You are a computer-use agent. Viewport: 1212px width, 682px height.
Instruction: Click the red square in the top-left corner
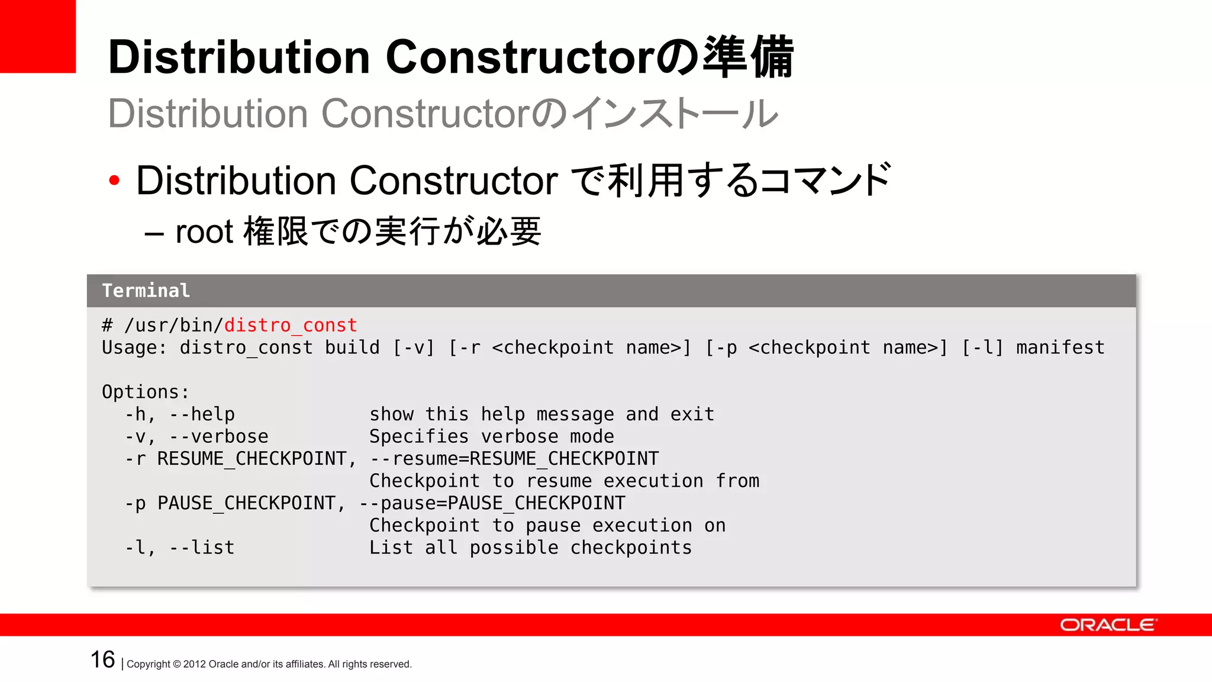(x=37, y=36)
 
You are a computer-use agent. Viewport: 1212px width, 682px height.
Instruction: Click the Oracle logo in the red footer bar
(x=1108, y=625)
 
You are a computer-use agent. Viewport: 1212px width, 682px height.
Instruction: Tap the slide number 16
(x=102, y=660)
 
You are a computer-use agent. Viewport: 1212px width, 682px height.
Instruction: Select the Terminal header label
(x=146, y=291)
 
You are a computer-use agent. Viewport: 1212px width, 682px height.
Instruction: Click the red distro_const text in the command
(x=291, y=325)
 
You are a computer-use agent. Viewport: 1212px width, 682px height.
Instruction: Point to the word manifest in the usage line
(x=1060, y=348)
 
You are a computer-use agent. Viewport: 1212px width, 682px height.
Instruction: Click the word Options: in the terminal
(x=146, y=392)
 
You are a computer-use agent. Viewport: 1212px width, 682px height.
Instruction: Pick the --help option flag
(x=202, y=414)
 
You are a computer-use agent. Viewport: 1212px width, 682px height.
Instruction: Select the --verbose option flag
(x=218, y=437)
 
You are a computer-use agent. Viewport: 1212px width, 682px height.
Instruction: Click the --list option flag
(x=202, y=548)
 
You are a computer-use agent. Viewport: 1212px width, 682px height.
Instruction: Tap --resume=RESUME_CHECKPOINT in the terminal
(x=514, y=459)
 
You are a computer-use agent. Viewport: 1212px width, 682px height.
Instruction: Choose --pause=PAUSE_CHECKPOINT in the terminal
(x=492, y=503)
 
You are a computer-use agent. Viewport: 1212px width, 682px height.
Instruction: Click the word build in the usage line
(x=352, y=348)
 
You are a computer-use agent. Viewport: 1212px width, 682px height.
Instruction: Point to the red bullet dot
(x=114, y=181)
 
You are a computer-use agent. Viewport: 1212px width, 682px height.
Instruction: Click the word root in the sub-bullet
(x=204, y=231)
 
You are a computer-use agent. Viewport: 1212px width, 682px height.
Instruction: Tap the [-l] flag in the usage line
(x=982, y=348)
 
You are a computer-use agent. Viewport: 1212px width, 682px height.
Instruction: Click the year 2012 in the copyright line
(x=195, y=664)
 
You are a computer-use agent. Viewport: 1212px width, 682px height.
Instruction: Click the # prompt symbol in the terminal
(x=107, y=325)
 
